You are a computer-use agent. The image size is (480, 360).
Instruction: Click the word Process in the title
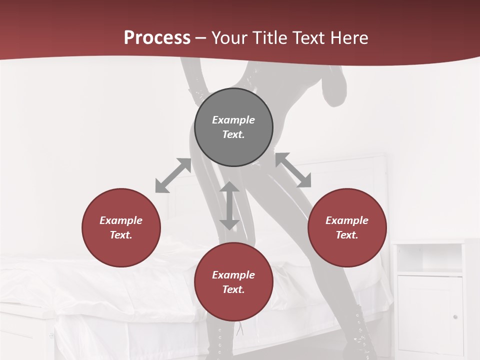pos(157,38)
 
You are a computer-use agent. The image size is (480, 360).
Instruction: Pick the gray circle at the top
pos(233,127)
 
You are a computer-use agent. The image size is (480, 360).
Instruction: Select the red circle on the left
pos(121,227)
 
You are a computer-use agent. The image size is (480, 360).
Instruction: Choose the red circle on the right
pos(347,227)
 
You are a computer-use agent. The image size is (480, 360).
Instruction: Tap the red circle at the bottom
pos(233,282)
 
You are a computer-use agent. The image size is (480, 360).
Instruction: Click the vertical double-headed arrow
pos(229,205)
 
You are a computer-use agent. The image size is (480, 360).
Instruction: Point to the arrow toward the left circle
pos(173,175)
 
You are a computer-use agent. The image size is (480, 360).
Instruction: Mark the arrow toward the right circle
pos(293,170)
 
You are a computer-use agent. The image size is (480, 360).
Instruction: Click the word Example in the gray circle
pos(233,120)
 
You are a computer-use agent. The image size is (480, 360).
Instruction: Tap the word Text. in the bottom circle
pos(233,289)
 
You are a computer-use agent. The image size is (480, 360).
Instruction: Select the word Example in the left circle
pos(121,220)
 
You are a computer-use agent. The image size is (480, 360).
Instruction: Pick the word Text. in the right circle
pos(347,235)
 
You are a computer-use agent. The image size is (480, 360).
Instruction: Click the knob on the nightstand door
pos(454,316)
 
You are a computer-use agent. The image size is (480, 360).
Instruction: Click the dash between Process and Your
pos(201,38)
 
